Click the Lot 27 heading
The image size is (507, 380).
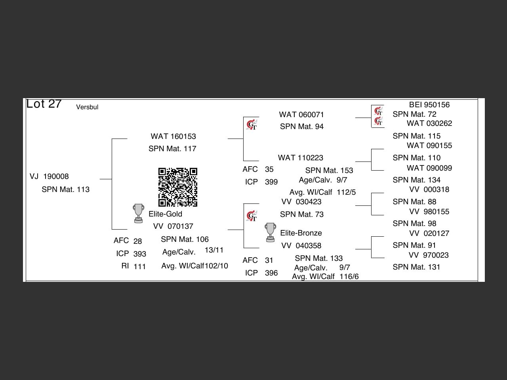(x=44, y=104)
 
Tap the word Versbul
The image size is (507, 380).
(x=87, y=107)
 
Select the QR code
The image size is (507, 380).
(x=178, y=187)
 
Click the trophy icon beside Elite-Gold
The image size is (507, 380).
(x=138, y=213)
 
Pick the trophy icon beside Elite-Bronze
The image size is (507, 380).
(x=271, y=232)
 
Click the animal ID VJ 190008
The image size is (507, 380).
(x=49, y=177)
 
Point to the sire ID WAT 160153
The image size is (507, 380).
(x=173, y=137)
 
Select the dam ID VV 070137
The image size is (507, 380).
(x=173, y=226)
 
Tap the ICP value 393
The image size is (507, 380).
(x=140, y=254)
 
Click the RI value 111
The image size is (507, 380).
(x=139, y=266)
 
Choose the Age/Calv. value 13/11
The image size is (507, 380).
(x=214, y=250)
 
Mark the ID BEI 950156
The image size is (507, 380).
(x=429, y=105)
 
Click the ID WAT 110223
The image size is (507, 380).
(x=301, y=158)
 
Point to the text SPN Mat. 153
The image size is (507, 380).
(x=329, y=171)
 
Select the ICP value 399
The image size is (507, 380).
(x=271, y=182)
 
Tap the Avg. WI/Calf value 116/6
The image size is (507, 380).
(x=349, y=277)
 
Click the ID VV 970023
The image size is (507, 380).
(x=429, y=255)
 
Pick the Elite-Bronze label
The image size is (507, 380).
(x=301, y=233)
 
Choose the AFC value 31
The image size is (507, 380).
(x=269, y=260)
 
